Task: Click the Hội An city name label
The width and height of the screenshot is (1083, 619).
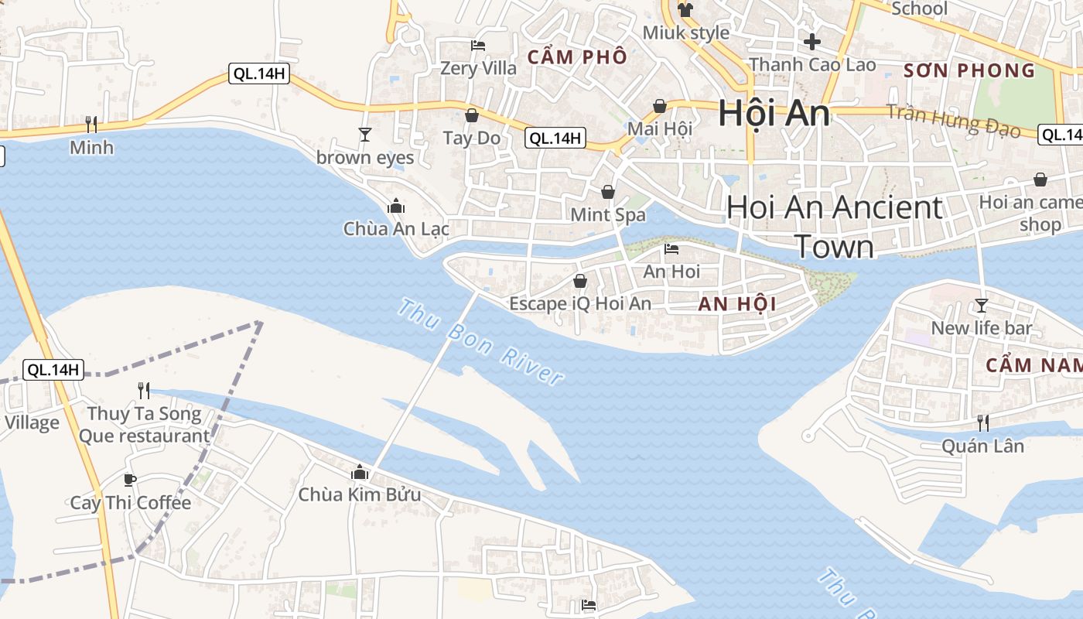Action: (774, 114)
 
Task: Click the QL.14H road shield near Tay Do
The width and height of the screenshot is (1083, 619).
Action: (555, 139)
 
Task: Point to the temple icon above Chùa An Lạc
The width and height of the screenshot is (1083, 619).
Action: (396, 206)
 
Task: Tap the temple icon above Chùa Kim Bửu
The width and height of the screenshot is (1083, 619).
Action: (359, 471)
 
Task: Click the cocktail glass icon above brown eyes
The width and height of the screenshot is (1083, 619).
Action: (365, 135)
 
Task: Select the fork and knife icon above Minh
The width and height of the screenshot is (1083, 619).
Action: (91, 124)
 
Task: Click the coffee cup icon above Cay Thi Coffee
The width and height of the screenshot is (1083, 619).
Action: (130, 480)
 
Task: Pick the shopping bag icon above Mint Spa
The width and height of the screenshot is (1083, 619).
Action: (608, 191)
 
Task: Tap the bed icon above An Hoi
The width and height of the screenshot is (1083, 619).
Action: (671, 249)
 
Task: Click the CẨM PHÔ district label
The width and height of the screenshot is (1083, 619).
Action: (577, 57)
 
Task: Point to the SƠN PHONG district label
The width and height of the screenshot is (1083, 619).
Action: (969, 70)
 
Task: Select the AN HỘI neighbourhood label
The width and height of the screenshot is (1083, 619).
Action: (736, 304)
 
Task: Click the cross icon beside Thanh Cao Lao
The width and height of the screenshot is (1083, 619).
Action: (811, 41)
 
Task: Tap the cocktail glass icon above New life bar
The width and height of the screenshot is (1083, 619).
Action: (982, 305)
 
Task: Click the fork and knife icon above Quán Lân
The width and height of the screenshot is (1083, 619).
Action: (982, 422)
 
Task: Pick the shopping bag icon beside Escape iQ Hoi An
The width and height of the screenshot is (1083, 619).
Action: (579, 281)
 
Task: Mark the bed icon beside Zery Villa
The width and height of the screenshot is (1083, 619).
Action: (478, 46)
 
